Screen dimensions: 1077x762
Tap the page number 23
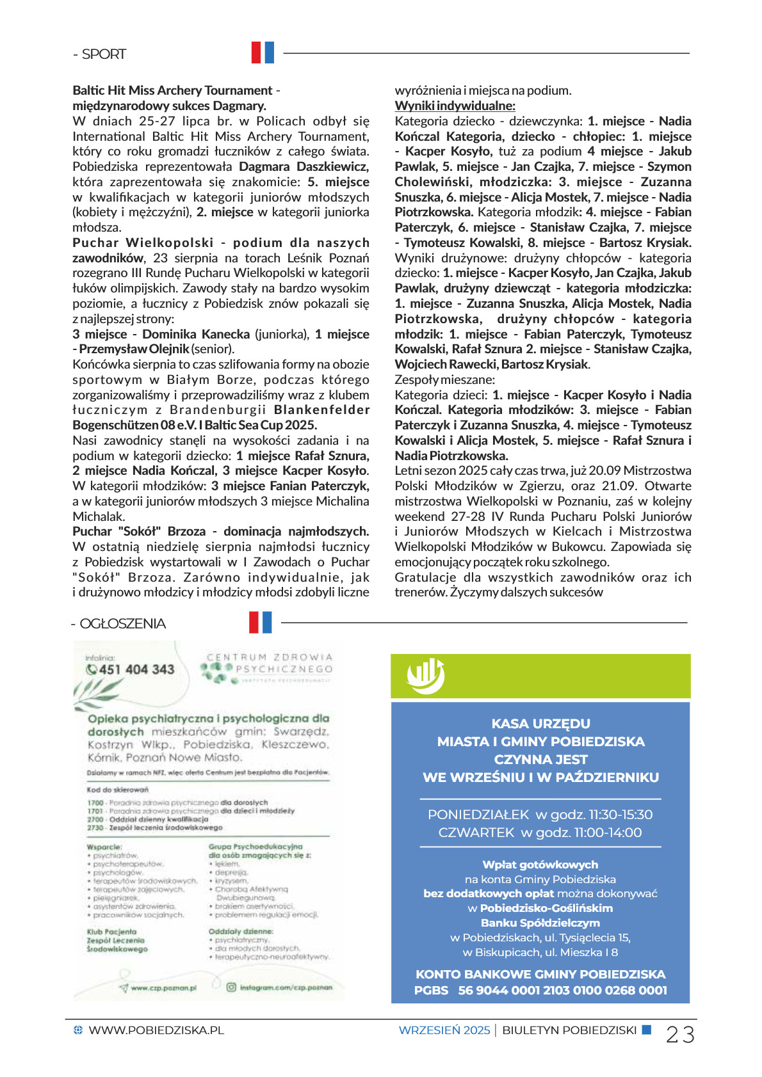(x=680, y=1034)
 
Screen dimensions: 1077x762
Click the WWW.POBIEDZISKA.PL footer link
(x=156, y=1030)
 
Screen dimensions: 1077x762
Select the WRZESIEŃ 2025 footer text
(x=444, y=1030)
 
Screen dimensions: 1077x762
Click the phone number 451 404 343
(x=136, y=669)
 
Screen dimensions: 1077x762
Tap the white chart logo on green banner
(x=425, y=676)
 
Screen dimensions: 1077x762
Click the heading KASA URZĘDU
(x=540, y=724)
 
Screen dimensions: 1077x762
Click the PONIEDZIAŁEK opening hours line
(x=540, y=815)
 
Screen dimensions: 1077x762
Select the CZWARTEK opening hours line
(x=540, y=833)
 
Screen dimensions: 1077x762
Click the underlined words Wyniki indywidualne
(x=455, y=106)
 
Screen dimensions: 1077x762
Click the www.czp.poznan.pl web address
(x=163, y=988)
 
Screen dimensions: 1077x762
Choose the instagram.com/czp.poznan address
(x=286, y=987)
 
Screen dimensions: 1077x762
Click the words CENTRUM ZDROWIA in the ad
(x=270, y=657)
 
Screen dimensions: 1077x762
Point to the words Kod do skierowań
(x=117, y=790)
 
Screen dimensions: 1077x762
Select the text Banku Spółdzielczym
(x=540, y=923)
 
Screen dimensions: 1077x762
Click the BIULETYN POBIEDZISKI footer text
(x=569, y=1030)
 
